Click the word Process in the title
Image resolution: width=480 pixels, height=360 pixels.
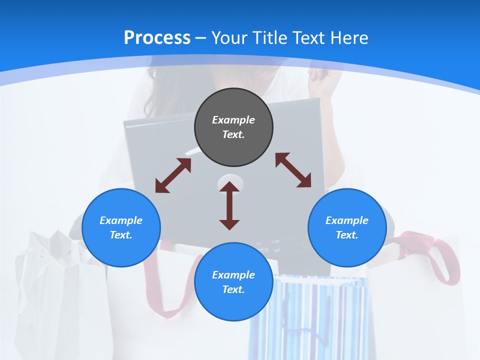pos(157,37)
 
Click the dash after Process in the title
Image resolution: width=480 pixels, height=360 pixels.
pos(201,38)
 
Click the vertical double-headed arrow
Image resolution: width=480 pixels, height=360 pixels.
pos(229,206)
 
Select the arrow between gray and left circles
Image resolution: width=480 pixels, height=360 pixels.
pos(173,175)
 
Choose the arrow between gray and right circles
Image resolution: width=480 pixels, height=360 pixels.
pos(293,170)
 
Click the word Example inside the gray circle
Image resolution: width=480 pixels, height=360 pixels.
pos(233,120)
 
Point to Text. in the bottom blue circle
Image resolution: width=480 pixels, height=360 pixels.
pos(233,289)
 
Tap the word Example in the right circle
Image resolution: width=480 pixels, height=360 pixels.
pos(347,220)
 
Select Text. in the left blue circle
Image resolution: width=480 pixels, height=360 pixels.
pos(121,235)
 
